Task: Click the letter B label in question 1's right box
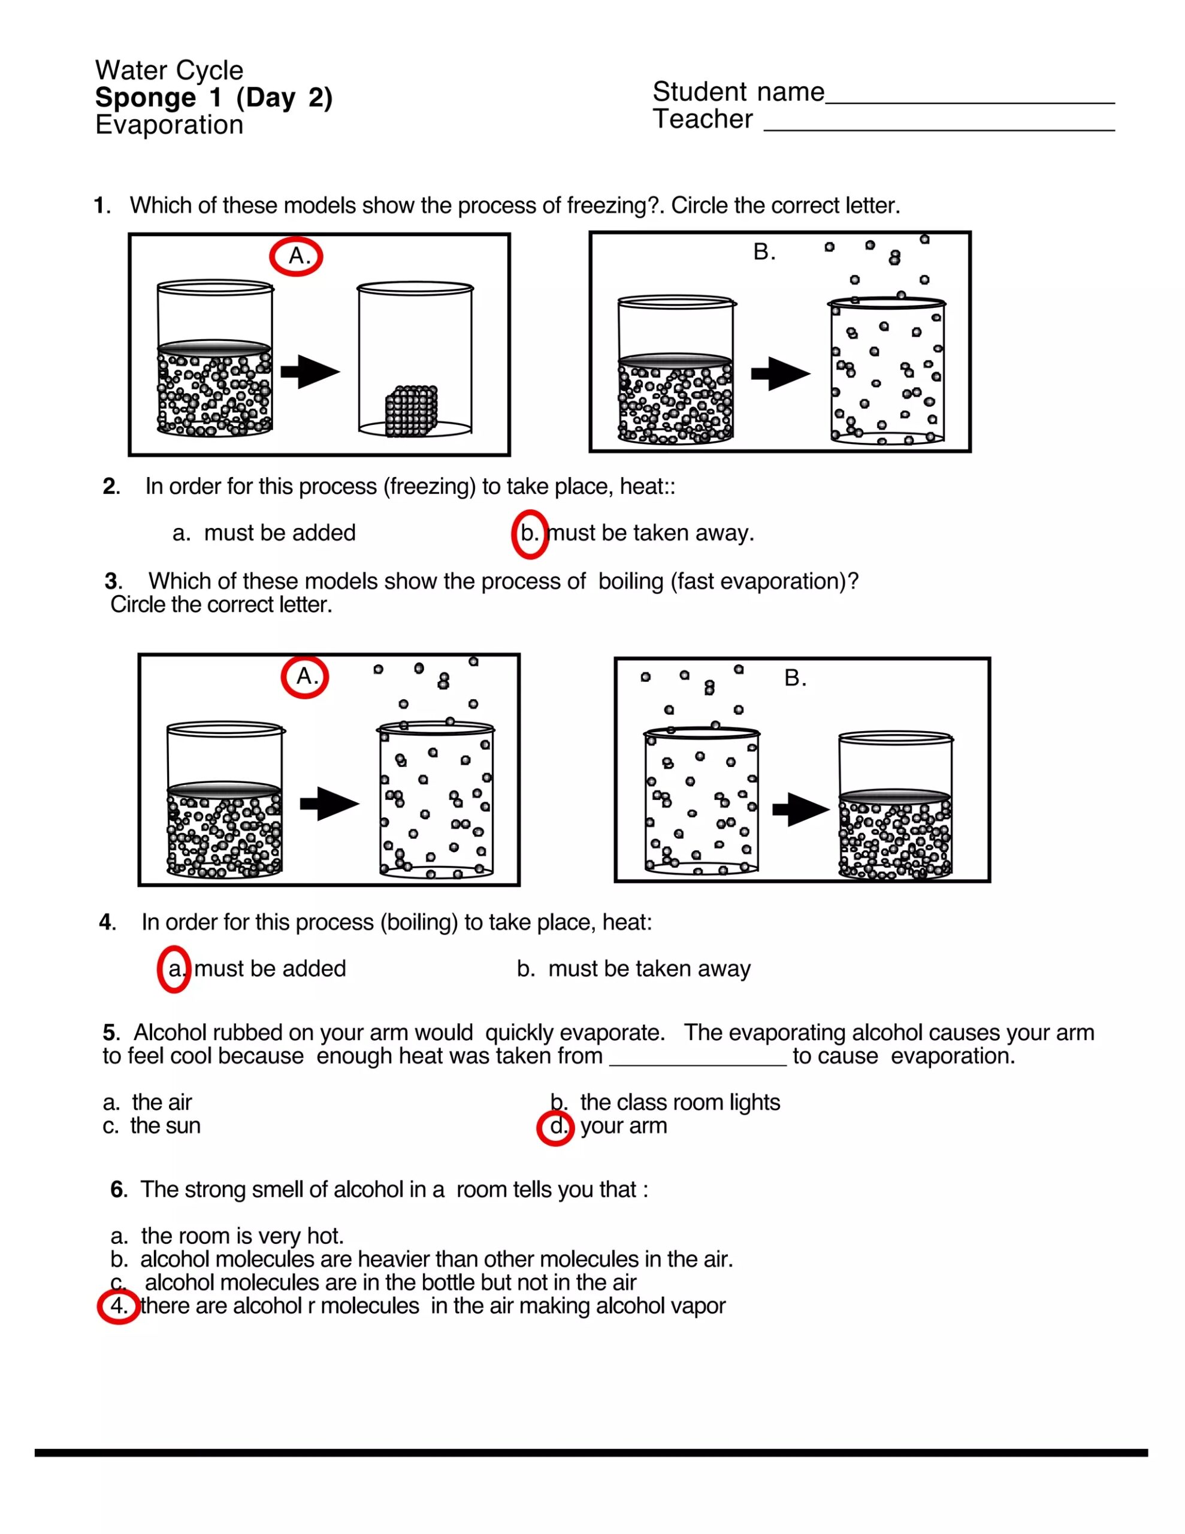coord(764,252)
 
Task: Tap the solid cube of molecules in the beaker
coord(412,411)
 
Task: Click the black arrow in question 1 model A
coord(310,372)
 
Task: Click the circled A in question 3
coord(305,677)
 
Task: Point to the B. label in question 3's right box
coord(795,678)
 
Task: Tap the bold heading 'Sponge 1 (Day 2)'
coord(213,98)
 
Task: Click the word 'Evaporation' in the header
coord(170,125)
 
